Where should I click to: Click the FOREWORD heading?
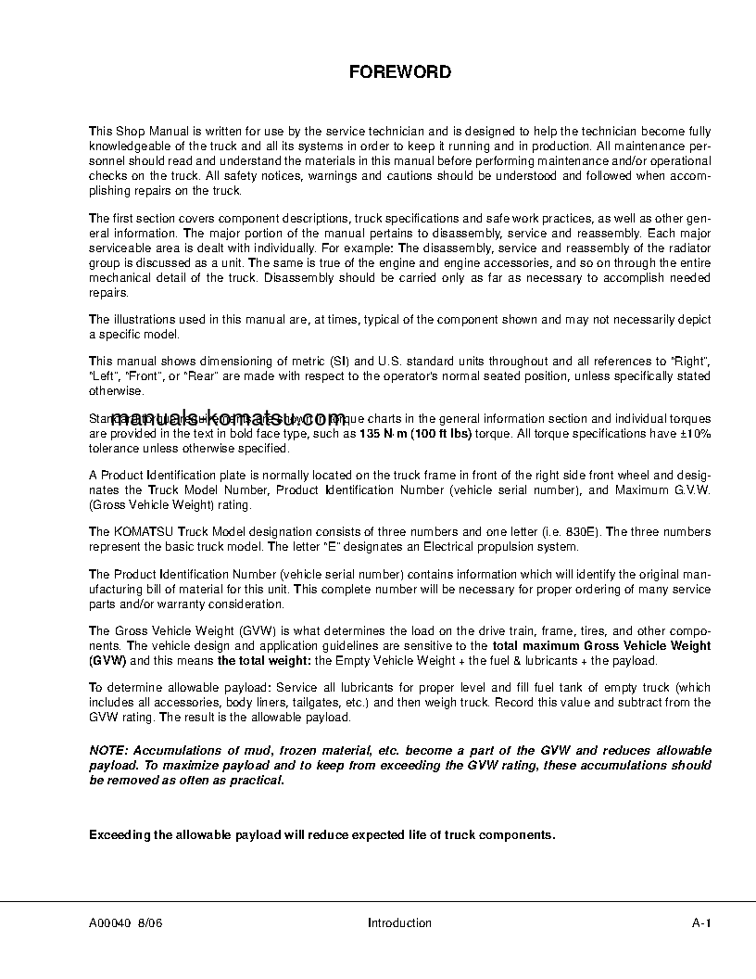point(399,72)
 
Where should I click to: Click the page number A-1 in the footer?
point(700,922)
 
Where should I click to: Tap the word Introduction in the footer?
point(399,922)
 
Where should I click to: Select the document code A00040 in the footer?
point(110,922)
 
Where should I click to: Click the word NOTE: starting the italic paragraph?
point(110,750)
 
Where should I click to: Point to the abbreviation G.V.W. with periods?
point(689,490)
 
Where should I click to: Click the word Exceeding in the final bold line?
point(119,834)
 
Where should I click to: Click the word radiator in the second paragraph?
point(690,248)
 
